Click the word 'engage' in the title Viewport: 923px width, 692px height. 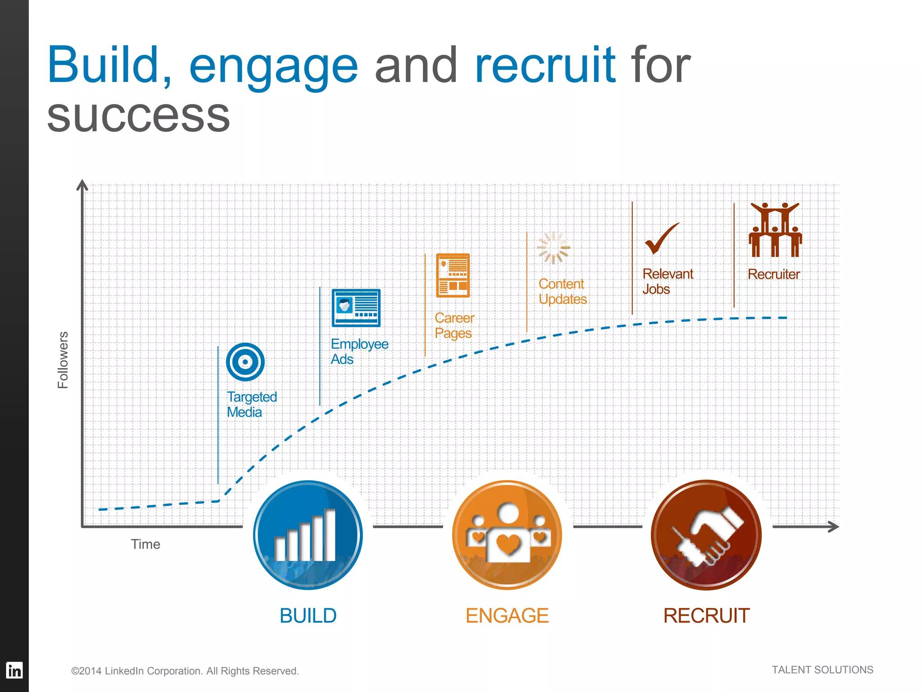273,67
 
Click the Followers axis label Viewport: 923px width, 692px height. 63,360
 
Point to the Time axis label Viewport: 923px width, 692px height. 145,544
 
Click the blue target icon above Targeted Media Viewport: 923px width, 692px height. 245,362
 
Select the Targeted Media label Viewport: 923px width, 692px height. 251,405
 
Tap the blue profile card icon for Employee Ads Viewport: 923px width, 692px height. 356,308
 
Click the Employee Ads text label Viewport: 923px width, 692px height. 359,351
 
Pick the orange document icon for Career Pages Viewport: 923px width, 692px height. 453,275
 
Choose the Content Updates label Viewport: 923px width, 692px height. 562,291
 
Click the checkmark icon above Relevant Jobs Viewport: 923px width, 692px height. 661,239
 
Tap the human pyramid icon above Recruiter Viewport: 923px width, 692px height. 775,230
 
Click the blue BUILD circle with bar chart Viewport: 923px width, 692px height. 308,535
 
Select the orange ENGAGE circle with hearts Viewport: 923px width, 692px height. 507,535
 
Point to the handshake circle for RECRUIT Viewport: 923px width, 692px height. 706,535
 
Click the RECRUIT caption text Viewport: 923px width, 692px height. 706,616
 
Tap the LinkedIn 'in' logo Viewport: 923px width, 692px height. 14,671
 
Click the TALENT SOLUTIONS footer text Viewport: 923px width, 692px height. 822,670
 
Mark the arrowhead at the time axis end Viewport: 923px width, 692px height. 835,527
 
